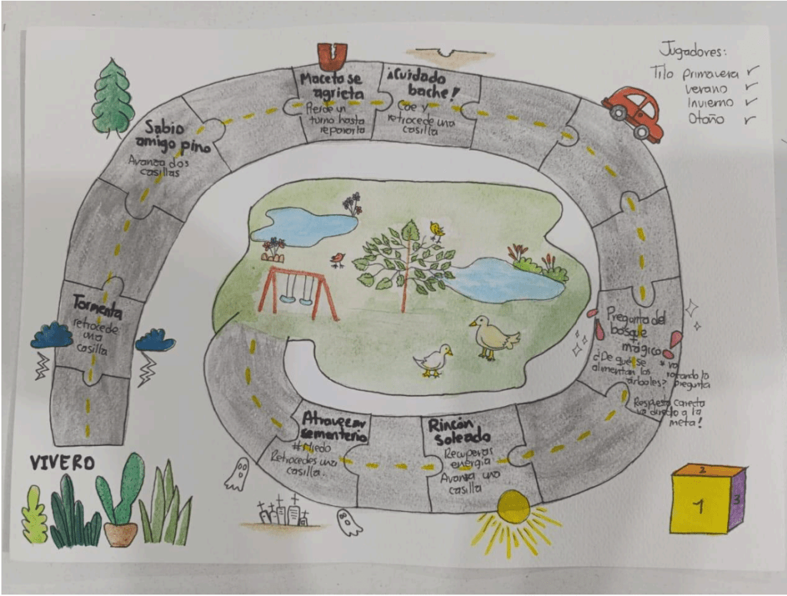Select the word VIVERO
tap(62, 463)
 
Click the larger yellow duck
tap(492, 336)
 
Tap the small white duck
tap(434, 359)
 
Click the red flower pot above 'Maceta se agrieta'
tap(332, 55)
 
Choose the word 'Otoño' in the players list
tap(705, 118)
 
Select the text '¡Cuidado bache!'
tap(421, 86)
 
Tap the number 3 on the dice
tap(736, 499)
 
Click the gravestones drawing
tap(284, 513)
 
